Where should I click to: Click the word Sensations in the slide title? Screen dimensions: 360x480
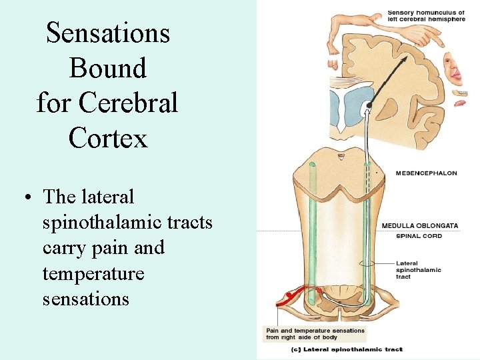(x=108, y=33)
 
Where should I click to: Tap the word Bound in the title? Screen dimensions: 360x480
(x=107, y=68)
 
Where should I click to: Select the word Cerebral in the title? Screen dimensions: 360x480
(x=128, y=103)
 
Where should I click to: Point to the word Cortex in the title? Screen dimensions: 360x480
(x=107, y=138)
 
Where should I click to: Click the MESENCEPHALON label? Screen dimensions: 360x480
(x=427, y=173)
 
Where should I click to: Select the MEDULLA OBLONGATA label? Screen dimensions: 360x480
(x=419, y=225)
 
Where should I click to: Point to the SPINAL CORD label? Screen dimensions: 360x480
(x=419, y=236)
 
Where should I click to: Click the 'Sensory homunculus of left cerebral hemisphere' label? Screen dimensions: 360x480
(x=427, y=15)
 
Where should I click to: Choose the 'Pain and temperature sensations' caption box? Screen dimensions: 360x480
(x=315, y=333)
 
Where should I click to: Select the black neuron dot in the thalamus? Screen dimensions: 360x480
(x=369, y=105)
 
